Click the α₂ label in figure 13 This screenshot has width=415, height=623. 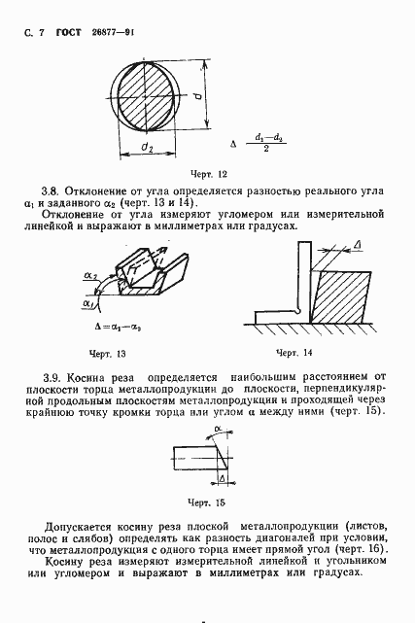(x=90, y=276)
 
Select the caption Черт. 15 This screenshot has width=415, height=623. (x=206, y=502)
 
